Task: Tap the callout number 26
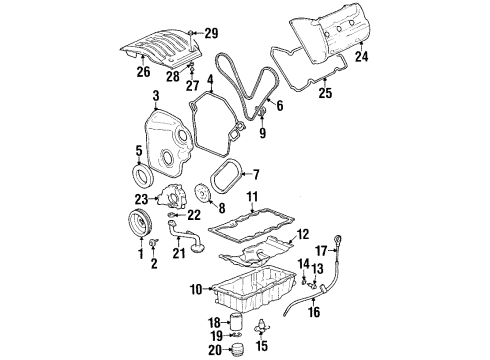point(143,72)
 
